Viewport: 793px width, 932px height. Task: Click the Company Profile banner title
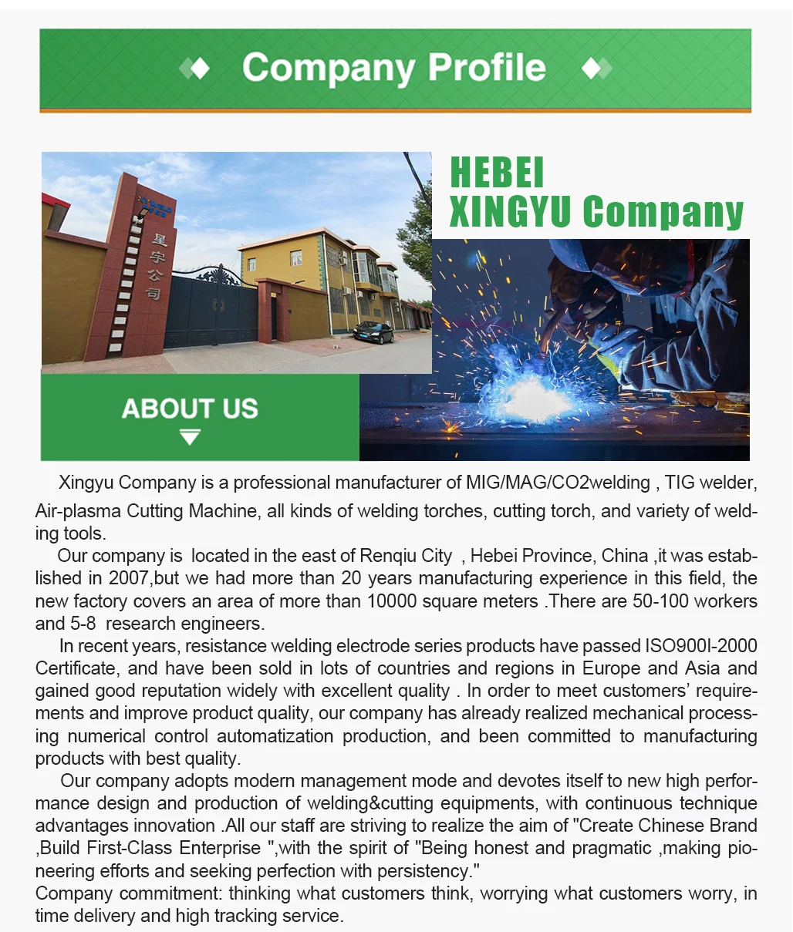click(x=394, y=69)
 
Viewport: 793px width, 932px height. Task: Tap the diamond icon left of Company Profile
click(x=195, y=69)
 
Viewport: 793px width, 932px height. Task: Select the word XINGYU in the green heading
click(x=509, y=211)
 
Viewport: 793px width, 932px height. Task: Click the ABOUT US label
click(x=190, y=409)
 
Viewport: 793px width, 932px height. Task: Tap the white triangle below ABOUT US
click(x=190, y=438)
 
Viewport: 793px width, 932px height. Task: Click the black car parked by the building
click(x=373, y=332)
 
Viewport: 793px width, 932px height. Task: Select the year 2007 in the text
click(x=128, y=578)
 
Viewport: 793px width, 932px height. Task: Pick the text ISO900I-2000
click(x=701, y=646)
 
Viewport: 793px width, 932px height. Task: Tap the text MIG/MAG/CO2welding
click(x=558, y=483)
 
